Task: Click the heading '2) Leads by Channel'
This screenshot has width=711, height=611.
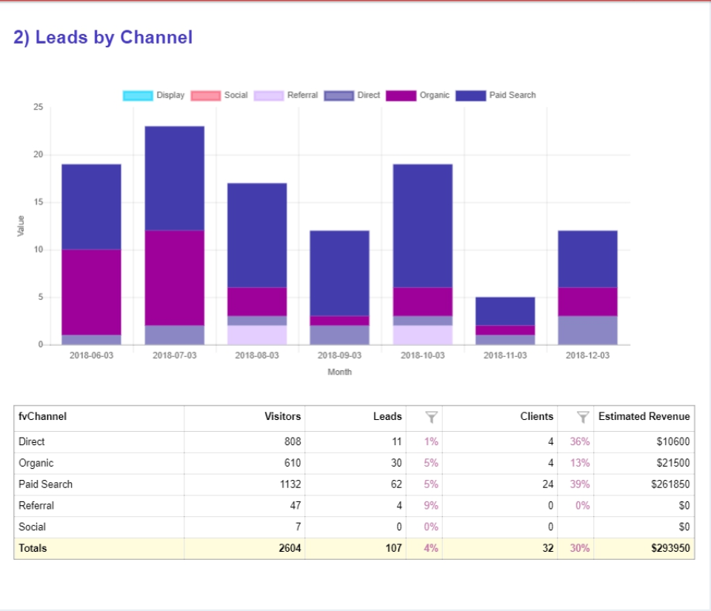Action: point(103,38)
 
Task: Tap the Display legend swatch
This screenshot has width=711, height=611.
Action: point(138,96)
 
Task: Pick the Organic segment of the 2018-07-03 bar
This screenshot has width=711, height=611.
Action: point(174,278)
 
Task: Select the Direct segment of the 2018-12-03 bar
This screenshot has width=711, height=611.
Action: point(587,330)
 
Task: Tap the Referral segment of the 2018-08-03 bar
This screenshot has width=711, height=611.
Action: point(257,335)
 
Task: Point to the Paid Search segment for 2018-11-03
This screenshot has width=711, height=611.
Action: point(505,311)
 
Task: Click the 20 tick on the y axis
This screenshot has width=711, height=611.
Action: point(39,155)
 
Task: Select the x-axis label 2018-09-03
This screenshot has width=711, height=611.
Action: point(339,355)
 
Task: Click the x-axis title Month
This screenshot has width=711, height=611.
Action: point(339,372)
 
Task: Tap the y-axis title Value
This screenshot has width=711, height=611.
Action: point(21,226)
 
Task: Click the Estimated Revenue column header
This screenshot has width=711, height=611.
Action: point(644,417)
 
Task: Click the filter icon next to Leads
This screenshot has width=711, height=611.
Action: point(431,418)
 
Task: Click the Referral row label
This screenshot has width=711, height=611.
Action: point(36,506)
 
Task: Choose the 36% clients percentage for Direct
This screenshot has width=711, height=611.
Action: point(579,441)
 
